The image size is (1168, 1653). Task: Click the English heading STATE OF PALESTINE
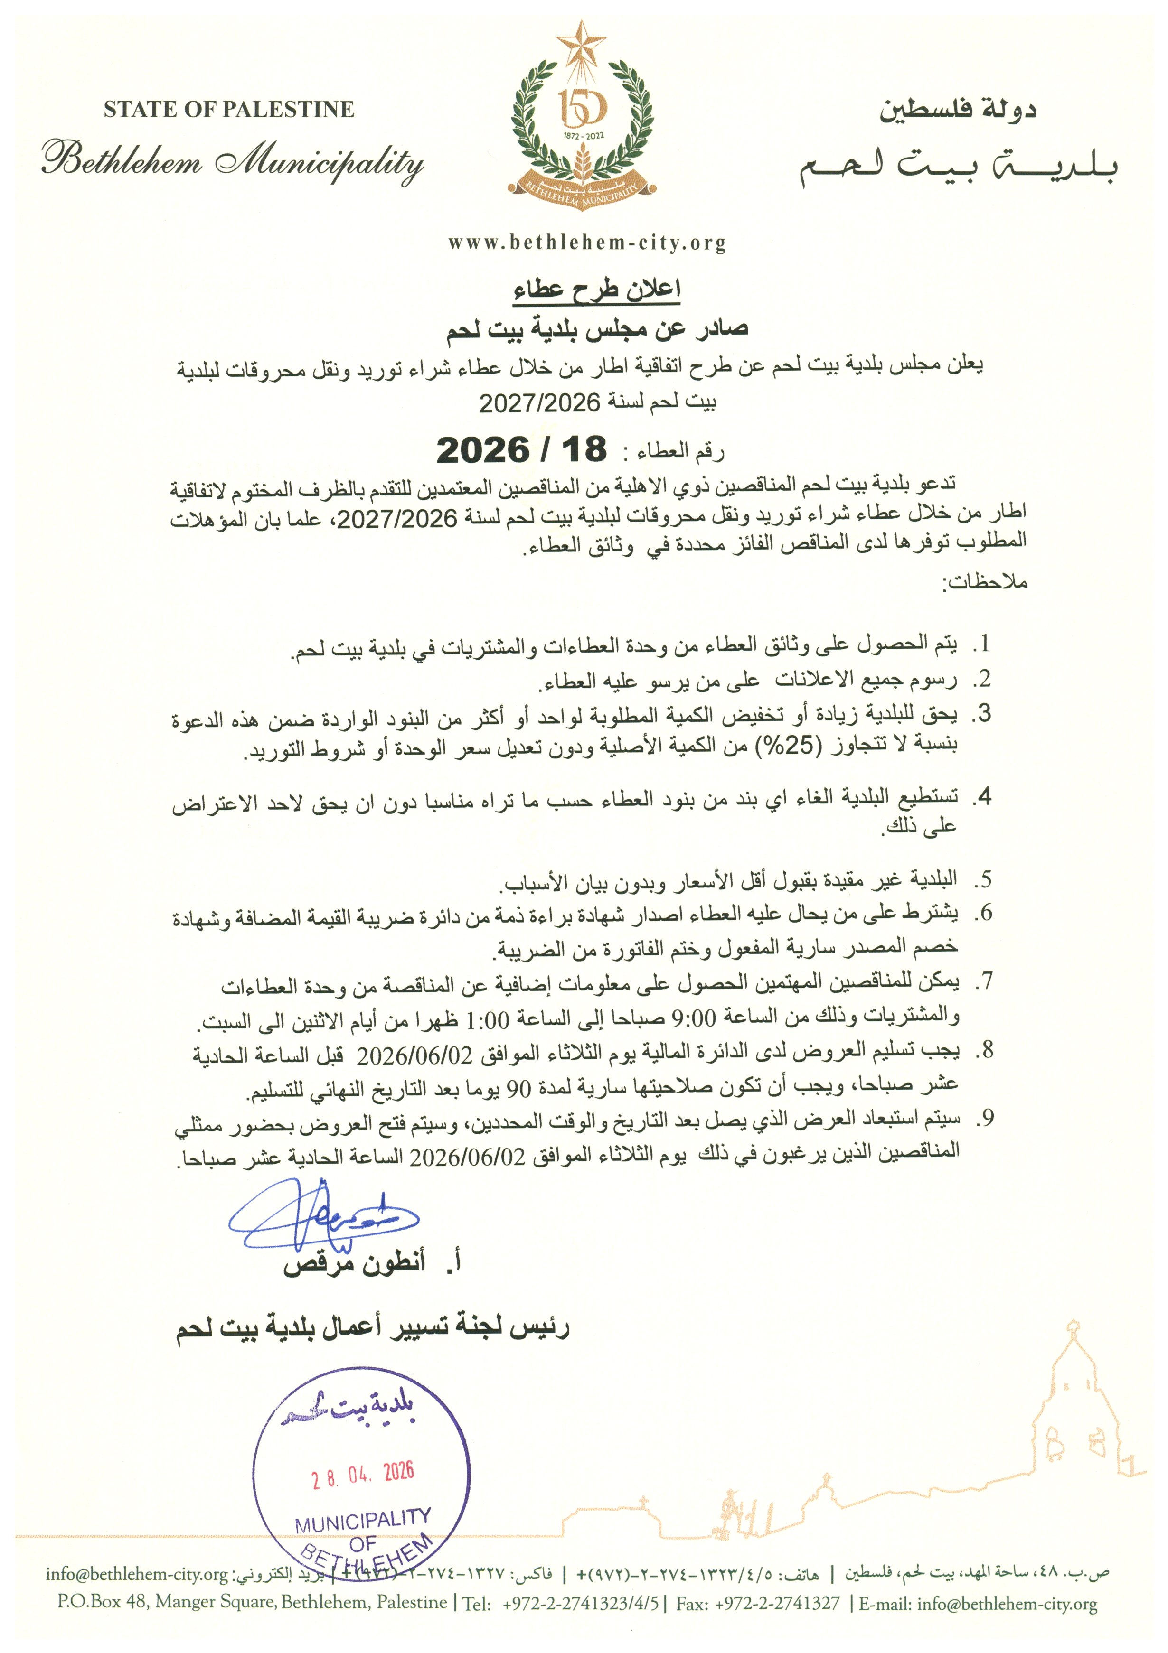[x=228, y=110]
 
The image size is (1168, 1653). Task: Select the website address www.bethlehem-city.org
[x=587, y=243]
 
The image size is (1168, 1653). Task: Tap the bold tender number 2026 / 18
[x=522, y=450]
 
